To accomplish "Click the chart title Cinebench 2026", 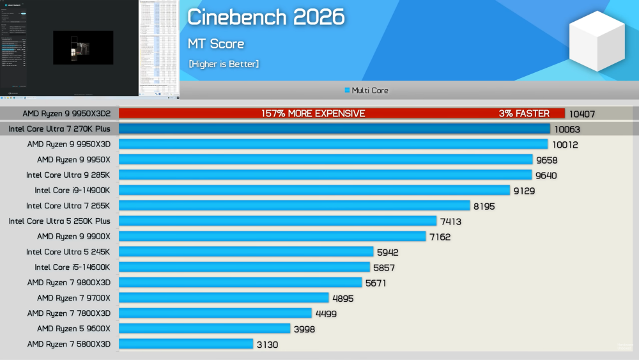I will (265, 17).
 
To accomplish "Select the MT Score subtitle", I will (216, 44).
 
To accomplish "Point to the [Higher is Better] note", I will (224, 64).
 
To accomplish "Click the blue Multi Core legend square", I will (347, 91).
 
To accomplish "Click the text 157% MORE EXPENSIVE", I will (313, 114).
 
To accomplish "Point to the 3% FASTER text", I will (524, 114).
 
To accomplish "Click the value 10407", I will (582, 114).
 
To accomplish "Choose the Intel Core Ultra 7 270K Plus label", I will (59, 129).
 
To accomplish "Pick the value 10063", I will (567, 130).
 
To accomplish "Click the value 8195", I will (484, 207).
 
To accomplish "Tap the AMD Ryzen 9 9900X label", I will (73, 237).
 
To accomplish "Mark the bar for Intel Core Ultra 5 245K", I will (246, 252).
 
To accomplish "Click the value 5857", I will (386, 268).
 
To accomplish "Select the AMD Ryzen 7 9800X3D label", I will (69, 283).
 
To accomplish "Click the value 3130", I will (268, 345).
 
